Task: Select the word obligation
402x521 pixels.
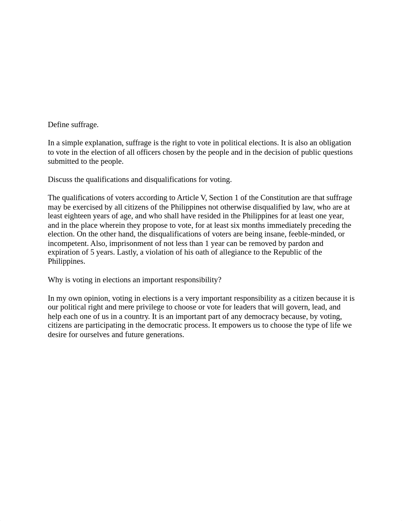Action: click(x=335, y=143)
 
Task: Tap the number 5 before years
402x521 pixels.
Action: click(x=92, y=252)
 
